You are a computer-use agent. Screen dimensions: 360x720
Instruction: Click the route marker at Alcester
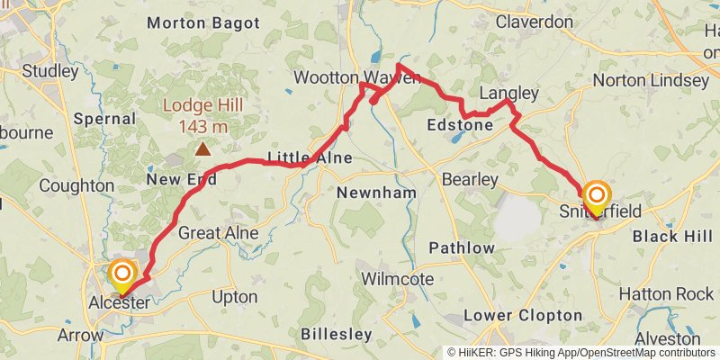(x=121, y=274)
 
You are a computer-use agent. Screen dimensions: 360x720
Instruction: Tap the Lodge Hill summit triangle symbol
(x=203, y=149)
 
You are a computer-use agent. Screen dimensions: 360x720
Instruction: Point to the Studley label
(x=50, y=70)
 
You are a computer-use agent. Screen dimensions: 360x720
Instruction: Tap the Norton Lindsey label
(x=651, y=81)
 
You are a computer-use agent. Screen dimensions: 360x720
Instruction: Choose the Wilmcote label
(x=397, y=279)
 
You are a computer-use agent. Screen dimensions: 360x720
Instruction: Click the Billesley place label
(x=336, y=334)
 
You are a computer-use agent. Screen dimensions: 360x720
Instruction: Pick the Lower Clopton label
(x=523, y=315)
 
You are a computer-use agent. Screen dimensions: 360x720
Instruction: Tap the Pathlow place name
(x=462, y=247)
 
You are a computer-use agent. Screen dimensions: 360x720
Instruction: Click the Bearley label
(x=470, y=180)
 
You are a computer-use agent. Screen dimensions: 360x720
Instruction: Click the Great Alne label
(x=219, y=233)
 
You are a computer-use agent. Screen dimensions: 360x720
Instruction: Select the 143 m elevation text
(x=203, y=126)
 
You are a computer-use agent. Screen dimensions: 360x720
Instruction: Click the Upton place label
(x=234, y=296)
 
